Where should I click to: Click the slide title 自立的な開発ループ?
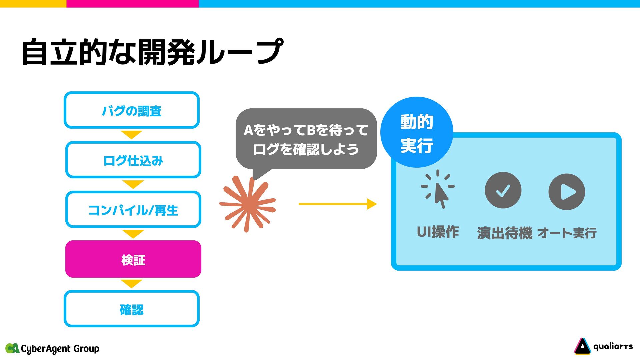pos(152,52)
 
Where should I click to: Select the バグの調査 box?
pos(132,110)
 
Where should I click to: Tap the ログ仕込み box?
pos(133,160)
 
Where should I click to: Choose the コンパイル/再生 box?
pos(133,210)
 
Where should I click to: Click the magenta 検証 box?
pos(133,259)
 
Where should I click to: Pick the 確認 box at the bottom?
pos(132,309)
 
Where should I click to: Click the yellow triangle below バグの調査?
pos(132,135)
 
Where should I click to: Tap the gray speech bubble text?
pos(306,139)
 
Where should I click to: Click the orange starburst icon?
pos(248,204)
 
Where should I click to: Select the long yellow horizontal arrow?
pos(337,204)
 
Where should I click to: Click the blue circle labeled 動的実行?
pos(417,133)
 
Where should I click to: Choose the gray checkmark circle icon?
pos(503,190)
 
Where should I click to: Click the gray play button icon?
pos(567,192)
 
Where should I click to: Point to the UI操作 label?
pos(438,232)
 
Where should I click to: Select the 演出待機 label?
pos(504,233)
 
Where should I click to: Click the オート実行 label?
pos(567,233)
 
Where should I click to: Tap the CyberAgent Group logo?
pos(52,349)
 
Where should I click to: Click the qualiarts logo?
pos(604,347)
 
